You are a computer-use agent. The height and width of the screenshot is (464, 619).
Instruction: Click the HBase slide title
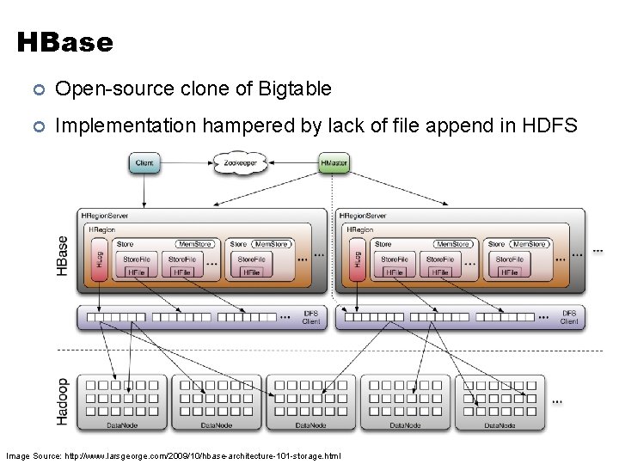coord(64,42)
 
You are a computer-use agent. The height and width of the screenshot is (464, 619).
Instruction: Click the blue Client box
coord(145,162)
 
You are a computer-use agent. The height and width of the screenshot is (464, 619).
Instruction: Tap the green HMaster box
coord(334,162)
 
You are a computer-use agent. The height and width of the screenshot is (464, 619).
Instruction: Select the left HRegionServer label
coord(105,216)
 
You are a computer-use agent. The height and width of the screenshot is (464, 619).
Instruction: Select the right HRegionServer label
coord(365,216)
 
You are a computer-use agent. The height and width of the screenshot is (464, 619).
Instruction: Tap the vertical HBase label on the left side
coord(63,255)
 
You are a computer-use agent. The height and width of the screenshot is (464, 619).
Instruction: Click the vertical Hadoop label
coord(63,401)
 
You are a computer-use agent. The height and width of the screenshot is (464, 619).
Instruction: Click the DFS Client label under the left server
coord(310,318)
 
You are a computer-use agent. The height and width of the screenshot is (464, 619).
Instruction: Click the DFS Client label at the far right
coord(569,318)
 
